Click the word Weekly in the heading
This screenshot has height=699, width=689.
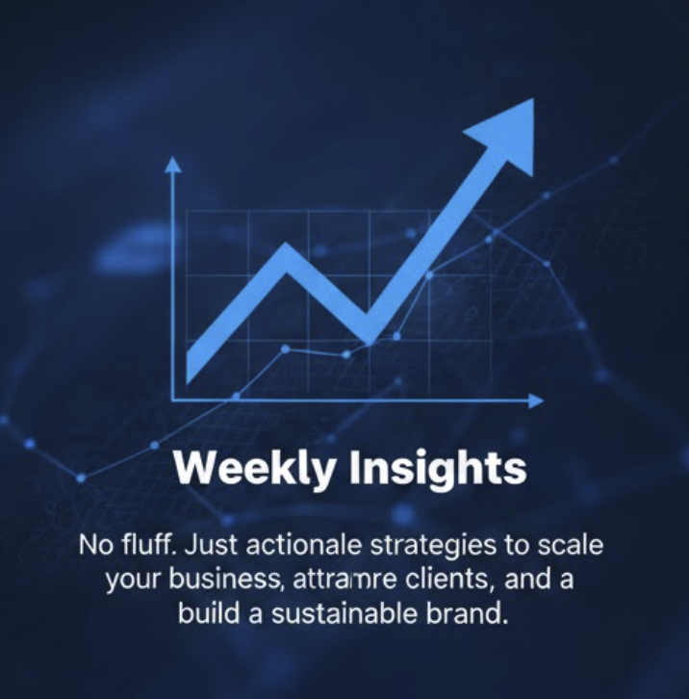point(256,468)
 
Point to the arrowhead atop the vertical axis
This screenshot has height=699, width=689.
point(173,166)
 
